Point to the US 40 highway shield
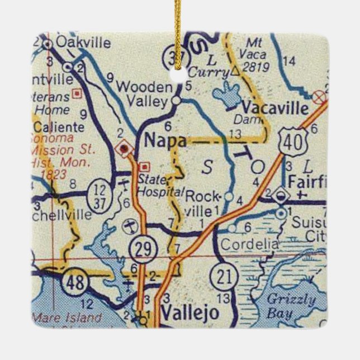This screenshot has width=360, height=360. (292, 138)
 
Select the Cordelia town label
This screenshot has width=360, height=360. (249, 244)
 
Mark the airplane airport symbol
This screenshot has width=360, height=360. (129, 226)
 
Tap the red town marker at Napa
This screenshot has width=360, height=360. (124, 149)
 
